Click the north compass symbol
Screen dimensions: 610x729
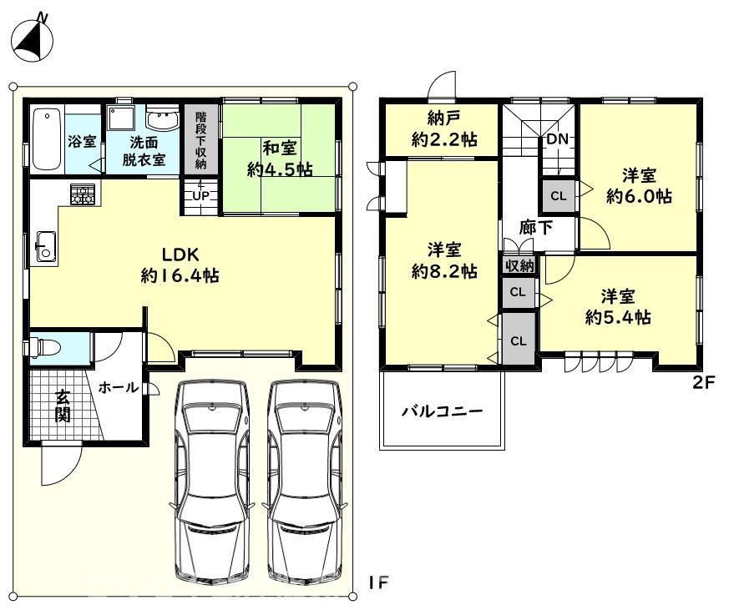tap(34, 38)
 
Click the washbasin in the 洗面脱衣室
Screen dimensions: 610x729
tap(162, 120)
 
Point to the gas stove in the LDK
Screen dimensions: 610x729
tap(83, 195)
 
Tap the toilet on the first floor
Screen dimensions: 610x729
tap(45, 347)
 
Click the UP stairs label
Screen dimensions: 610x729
tap(201, 196)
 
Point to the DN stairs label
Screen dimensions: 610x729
tap(557, 139)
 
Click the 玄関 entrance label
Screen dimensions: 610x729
tap(63, 406)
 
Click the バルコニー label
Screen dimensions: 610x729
tap(442, 411)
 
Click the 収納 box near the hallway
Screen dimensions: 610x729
tap(519, 266)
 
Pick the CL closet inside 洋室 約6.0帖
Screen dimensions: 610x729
tap(559, 197)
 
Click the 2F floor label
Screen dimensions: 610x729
tap(705, 383)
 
